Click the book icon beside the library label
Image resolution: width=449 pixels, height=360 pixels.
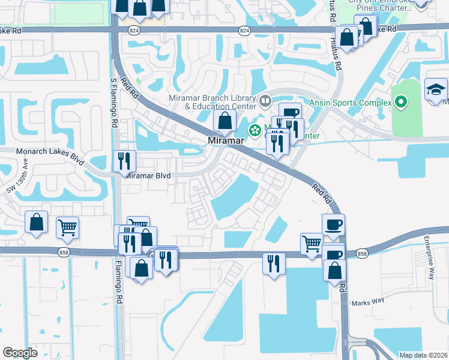click(x=265, y=100)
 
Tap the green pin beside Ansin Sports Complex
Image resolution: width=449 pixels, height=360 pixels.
click(x=402, y=103)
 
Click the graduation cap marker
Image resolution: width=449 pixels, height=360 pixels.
click(x=436, y=90)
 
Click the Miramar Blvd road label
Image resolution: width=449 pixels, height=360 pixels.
click(x=147, y=176)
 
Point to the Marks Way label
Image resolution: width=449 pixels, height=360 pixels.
click(x=367, y=303)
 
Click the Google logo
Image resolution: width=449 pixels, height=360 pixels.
click(x=20, y=352)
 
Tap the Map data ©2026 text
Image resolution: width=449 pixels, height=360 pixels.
click(x=423, y=355)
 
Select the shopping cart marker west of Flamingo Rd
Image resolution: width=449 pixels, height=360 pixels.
click(x=67, y=227)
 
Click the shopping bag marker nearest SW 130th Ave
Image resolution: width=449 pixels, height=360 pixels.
click(x=37, y=222)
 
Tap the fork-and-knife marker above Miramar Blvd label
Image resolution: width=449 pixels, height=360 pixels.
click(x=125, y=161)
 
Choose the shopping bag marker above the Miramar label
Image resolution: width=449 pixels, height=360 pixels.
click(x=224, y=121)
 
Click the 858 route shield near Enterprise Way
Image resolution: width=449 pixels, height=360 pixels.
click(x=362, y=254)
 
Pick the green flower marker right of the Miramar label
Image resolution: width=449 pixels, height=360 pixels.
click(x=255, y=129)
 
